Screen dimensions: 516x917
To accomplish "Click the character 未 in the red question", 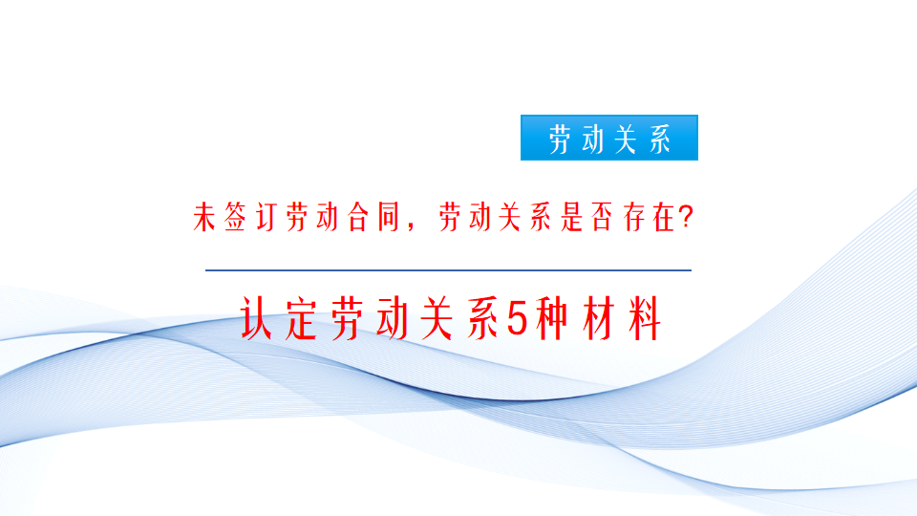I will (x=203, y=219).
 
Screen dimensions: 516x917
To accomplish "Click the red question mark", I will (x=685, y=219).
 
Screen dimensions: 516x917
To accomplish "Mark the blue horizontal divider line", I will (x=448, y=270).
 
